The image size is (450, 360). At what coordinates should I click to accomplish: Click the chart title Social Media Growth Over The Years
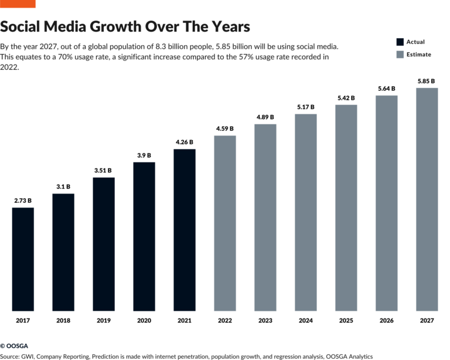125,27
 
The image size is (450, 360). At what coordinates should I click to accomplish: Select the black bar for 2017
23,259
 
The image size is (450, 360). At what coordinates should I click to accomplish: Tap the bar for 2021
185,229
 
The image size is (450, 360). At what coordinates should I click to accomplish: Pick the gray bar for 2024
306,212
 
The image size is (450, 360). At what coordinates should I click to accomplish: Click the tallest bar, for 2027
427,199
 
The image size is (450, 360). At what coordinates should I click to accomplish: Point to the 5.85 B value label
427,81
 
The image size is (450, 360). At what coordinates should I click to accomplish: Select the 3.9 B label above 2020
144,155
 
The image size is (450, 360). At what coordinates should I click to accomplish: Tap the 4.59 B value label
225,128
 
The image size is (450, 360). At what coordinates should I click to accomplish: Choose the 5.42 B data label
346,97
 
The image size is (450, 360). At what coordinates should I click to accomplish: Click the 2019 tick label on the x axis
104,321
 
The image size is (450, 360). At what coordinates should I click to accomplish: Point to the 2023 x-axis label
265,321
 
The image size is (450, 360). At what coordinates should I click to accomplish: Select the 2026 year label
386,321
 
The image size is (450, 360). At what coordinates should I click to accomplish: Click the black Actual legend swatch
400,42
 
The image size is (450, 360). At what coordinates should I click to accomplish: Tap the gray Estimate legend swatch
400,55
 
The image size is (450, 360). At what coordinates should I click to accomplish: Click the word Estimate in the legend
419,55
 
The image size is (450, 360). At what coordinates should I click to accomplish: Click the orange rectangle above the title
18,4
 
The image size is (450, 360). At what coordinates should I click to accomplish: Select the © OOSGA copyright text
14,346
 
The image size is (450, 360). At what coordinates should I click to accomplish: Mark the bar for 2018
63,252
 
